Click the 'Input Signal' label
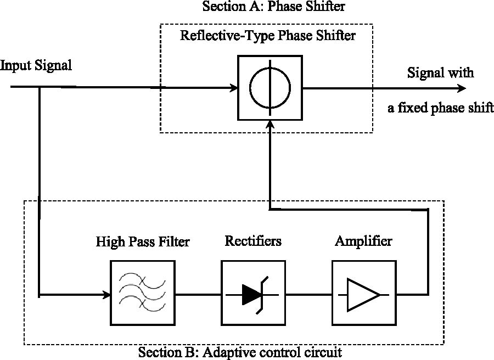(36, 65)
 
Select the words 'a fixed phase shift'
(441, 108)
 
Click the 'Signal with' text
(440, 73)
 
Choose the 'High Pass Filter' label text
(143, 241)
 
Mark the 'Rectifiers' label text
(253, 241)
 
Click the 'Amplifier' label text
(364, 241)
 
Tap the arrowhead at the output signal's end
(462, 88)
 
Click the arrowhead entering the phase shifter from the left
(233, 88)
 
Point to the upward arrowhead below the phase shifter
(270, 125)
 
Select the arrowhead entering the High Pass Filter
(106, 295)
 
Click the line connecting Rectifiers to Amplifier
(308, 295)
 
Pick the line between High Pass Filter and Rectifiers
(198, 295)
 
